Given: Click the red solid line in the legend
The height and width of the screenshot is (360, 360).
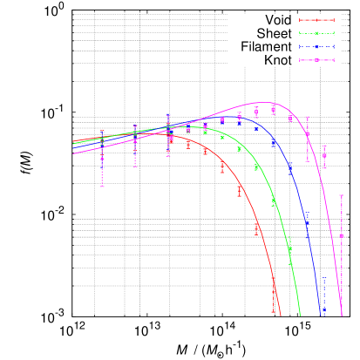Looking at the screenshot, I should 316,20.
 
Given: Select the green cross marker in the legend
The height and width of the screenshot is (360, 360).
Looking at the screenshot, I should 316,33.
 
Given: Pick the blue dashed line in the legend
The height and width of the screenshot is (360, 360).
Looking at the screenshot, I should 316,46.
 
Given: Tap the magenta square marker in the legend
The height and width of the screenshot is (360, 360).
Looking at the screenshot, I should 316,59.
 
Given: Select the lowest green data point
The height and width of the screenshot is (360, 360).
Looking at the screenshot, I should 290,248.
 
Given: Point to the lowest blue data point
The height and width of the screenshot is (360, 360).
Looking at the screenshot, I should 324,307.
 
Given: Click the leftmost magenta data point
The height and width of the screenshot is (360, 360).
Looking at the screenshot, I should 102,159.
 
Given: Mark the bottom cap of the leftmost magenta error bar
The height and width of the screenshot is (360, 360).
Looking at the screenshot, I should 102,187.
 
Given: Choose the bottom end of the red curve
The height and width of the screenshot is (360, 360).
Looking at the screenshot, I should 282,316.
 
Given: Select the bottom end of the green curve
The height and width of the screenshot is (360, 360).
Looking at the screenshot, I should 301,316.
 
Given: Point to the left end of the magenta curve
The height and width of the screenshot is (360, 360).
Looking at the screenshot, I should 73,153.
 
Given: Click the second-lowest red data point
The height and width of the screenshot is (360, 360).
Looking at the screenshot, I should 257,228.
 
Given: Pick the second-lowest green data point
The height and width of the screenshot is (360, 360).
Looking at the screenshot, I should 274,201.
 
